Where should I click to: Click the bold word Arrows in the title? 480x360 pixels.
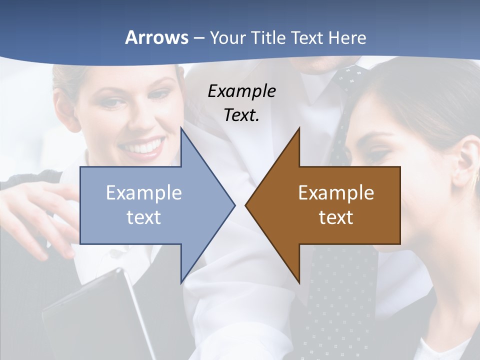(156, 37)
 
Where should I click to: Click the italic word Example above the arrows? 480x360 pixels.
(241, 91)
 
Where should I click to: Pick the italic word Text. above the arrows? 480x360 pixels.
(241, 115)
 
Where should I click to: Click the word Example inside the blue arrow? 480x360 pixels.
(144, 192)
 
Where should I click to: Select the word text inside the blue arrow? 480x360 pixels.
(144, 217)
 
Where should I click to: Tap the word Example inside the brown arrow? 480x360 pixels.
(336, 192)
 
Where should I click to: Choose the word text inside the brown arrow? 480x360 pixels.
(336, 217)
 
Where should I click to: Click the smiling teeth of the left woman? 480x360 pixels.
(143, 147)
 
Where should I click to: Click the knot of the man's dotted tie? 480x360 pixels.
(350, 77)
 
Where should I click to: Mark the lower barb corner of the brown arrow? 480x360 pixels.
(299, 282)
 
